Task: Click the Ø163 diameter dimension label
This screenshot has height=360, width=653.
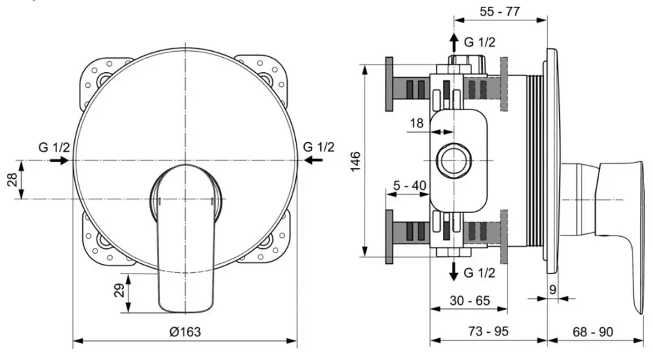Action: pos(185,331)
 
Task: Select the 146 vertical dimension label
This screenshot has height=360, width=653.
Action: pos(355,162)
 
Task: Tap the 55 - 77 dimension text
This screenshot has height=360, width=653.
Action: pos(500,12)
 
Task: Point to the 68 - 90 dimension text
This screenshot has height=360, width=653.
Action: pos(592,331)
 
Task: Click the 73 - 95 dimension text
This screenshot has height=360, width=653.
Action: pos(488,331)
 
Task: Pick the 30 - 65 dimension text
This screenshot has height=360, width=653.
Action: pos(470,300)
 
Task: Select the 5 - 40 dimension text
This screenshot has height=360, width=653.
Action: pos(410,185)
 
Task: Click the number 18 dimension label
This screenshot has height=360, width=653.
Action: pos(416,123)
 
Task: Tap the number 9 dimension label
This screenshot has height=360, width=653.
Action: pos(552,290)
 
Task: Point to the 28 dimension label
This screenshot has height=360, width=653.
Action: pos(12,180)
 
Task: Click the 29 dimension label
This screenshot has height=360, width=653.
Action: pos(119,290)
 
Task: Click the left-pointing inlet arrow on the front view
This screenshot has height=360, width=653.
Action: pos(312,160)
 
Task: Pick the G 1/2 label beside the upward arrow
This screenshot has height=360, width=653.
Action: pos(480,42)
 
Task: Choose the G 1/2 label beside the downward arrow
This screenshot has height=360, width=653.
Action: pos(480,273)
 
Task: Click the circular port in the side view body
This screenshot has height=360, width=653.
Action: pos(454,161)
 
